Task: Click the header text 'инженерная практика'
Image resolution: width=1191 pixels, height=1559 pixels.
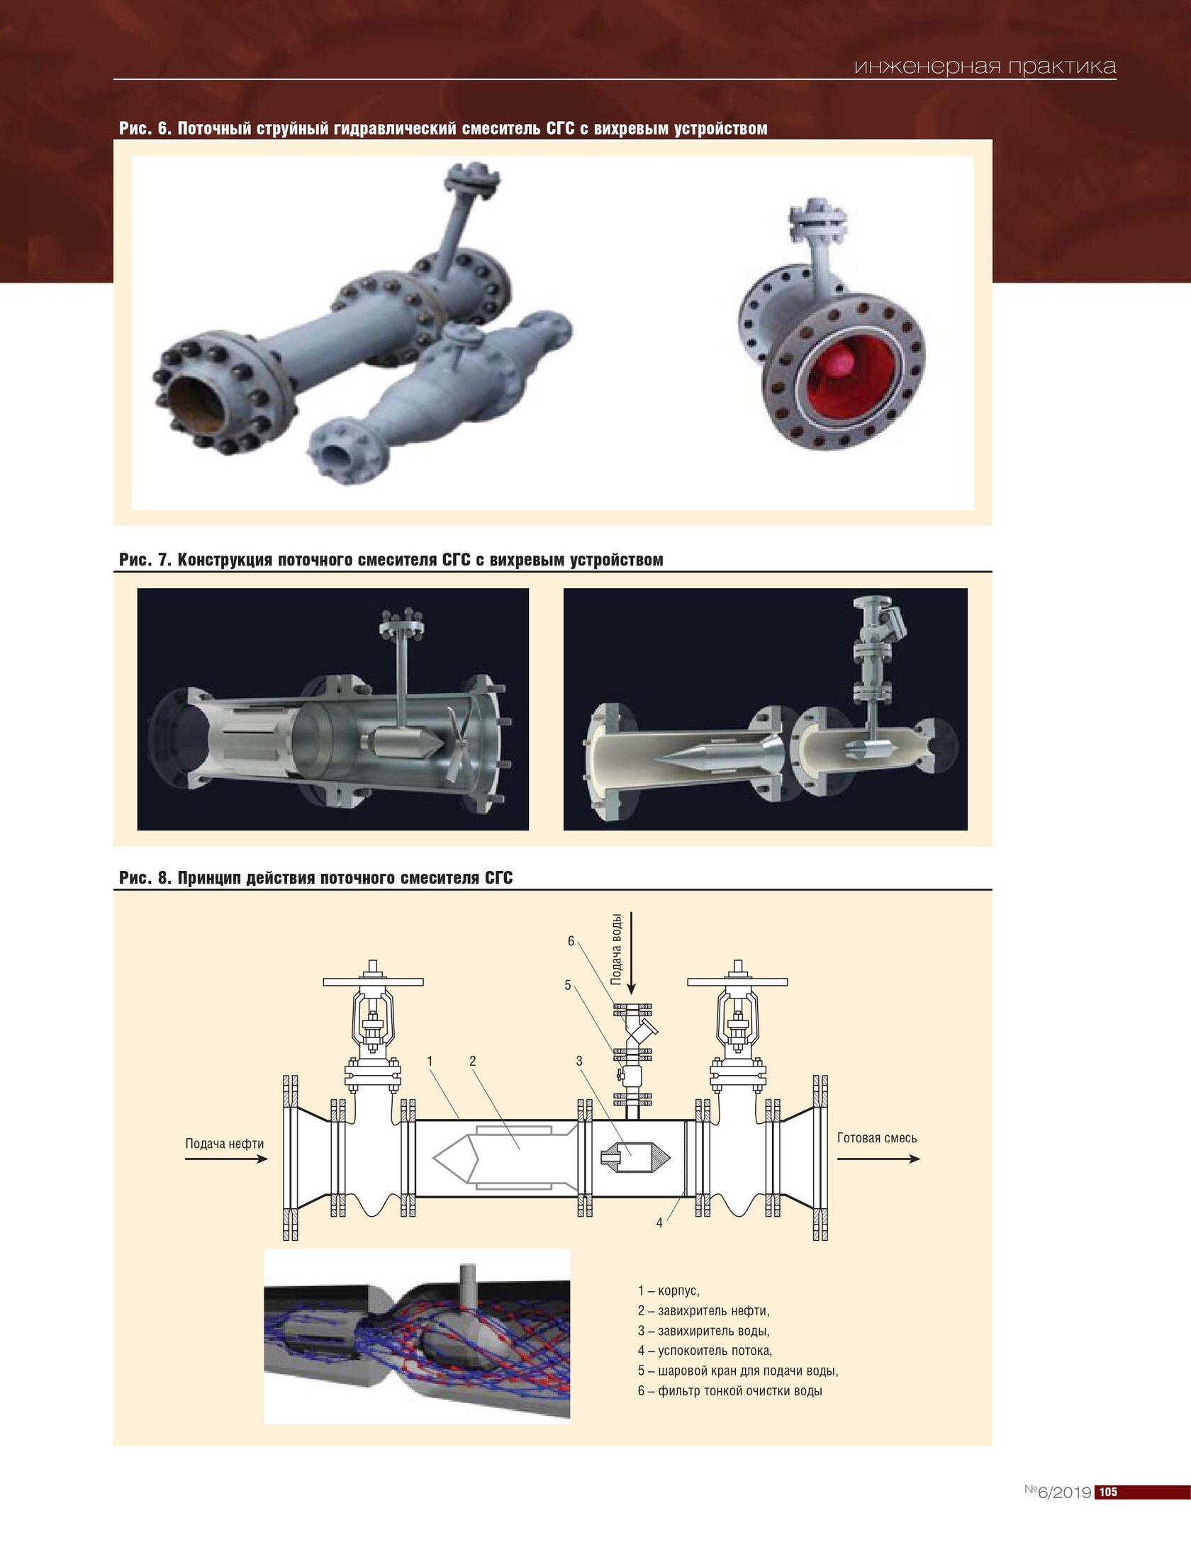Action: tap(985, 67)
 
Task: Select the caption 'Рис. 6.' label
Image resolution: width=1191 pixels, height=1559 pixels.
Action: tap(145, 128)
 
